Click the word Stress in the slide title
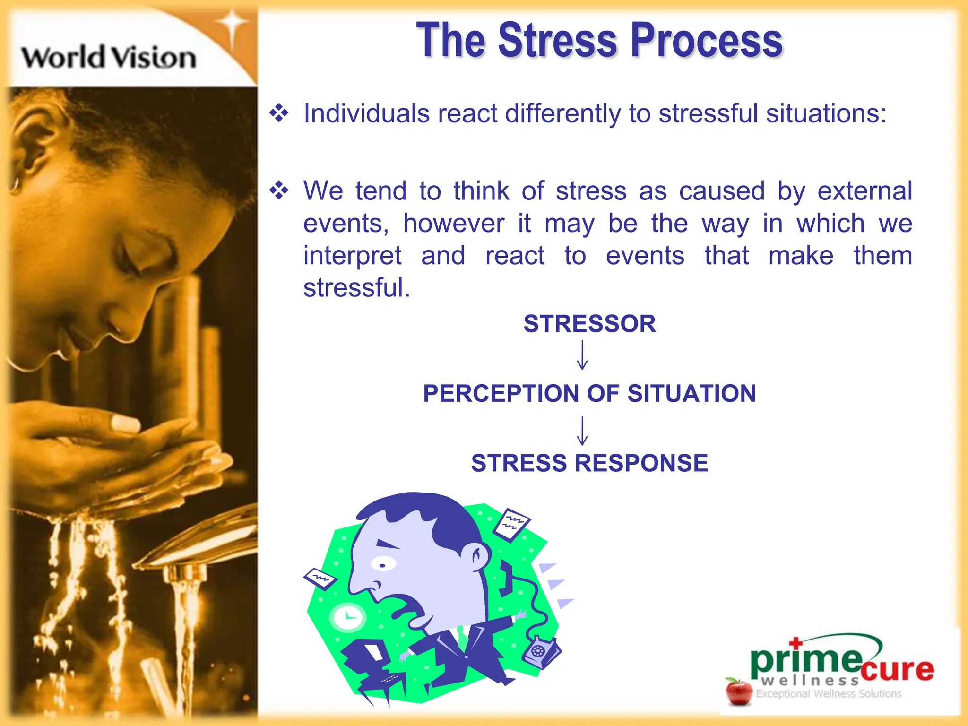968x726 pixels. point(558,41)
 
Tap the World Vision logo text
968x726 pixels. point(109,58)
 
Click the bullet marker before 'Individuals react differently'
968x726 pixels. point(279,113)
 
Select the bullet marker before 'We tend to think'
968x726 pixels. point(279,190)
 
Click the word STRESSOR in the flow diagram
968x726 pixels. point(589,324)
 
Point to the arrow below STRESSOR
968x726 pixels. point(582,355)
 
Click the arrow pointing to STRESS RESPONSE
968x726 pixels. point(582,430)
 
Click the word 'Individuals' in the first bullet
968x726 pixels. point(366,114)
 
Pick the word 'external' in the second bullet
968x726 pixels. point(864,191)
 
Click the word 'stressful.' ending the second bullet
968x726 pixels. point(356,288)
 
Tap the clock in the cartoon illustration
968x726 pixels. point(348,617)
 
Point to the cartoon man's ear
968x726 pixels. point(478,554)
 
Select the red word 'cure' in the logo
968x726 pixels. point(897,669)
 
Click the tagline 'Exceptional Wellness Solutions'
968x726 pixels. point(829,694)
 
